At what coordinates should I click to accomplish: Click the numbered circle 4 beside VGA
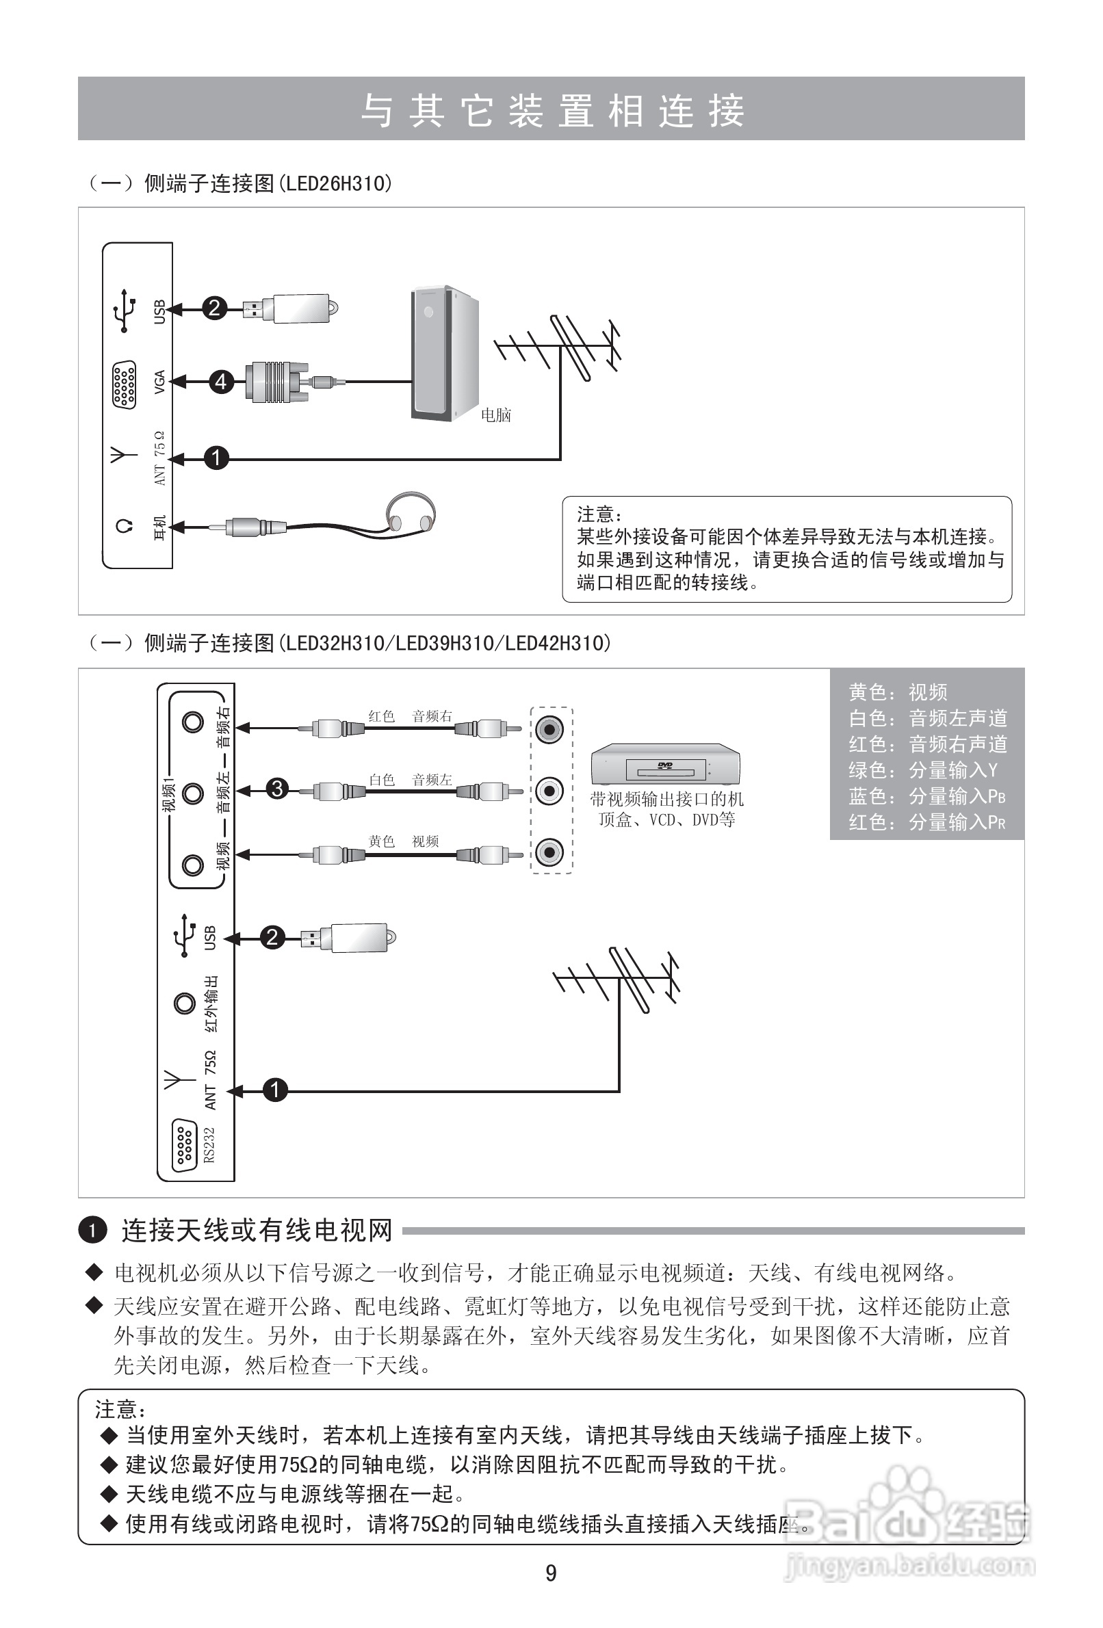(x=222, y=382)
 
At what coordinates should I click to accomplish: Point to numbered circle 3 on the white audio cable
(x=278, y=789)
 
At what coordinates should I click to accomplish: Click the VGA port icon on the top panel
(x=124, y=384)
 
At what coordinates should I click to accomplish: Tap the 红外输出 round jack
(x=184, y=1003)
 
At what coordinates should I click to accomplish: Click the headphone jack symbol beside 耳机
(x=124, y=526)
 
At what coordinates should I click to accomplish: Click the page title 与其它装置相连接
(x=551, y=110)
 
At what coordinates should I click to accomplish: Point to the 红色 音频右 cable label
(x=411, y=716)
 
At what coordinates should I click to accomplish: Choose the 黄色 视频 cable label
(x=404, y=841)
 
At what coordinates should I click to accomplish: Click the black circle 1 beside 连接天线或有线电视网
(x=92, y=1230)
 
